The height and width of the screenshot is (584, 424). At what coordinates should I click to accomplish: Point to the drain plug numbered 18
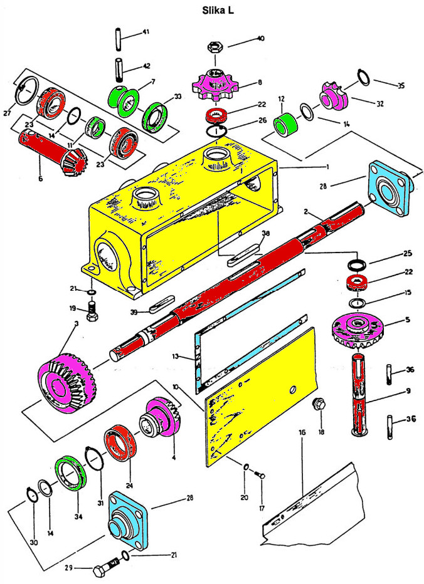coord(318,405)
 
